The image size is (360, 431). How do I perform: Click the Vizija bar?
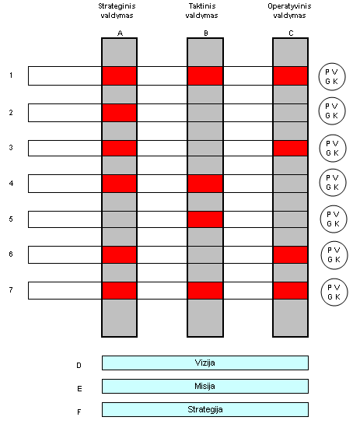205,363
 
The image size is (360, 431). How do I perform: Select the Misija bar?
205,386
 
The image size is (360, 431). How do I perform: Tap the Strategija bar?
205,409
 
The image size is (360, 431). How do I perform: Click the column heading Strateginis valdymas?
117,11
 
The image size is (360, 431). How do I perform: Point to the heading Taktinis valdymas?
201,11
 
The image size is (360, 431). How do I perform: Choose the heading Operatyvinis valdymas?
289,11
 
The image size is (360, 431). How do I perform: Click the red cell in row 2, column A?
119,113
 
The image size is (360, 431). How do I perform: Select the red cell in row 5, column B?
205,219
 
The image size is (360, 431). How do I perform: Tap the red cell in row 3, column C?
290,148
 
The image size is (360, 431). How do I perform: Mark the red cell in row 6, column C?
290,254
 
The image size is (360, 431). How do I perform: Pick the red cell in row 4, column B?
205,184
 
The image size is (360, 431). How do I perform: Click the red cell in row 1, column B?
205,75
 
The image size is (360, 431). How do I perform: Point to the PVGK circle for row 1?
332,77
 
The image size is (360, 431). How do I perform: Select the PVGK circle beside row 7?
334,293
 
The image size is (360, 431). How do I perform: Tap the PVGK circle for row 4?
333,183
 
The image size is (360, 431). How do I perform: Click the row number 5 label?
11,219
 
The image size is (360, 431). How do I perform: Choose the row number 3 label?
11,148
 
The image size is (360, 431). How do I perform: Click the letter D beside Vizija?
79,366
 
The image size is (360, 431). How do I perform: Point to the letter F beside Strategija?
79,412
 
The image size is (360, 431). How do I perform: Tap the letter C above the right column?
291,33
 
